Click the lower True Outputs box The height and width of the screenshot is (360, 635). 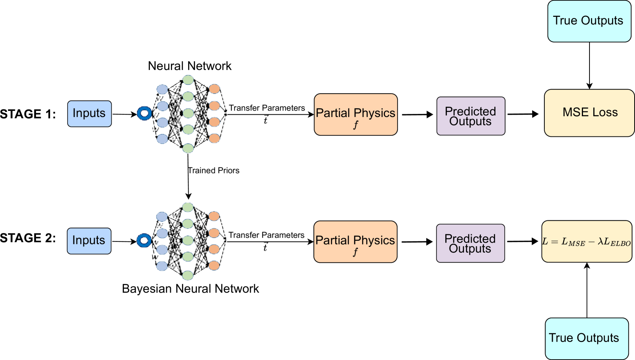pyautogui.click(x=586, y=338)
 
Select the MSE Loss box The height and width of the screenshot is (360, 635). pyautogui.click(x=589, y=113)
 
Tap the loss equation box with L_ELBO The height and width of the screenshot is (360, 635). pyautogui.click(x=586, y=242)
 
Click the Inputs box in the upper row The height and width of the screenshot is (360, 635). pyautogui.click(x=89, y=114)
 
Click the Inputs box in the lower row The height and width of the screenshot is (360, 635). pyautogui.click(x=89, y=241)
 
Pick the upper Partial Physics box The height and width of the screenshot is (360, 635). pyautogui.click(x=356, y=114)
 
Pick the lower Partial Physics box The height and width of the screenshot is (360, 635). pyautogui.click(x=355, y=242)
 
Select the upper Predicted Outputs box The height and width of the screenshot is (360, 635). pyautogui.click(x=471, y=116)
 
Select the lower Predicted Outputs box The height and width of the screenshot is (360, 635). pyautogui.click(x=470, y=243)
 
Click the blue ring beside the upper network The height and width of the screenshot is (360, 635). pyautogui.click(x=145, y=114)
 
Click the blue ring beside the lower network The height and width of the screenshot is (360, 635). pyautogui.click(x=144, y=240)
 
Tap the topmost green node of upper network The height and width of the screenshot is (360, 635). pyautogui.click(x=188, y=80)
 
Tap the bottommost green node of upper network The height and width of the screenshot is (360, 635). pyautogui.click(x=188, y=148)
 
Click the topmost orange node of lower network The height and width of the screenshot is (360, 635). pyautogui.click(x=214, y=216)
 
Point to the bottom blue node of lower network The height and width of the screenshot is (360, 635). pyautogui.click(x=162, y=266)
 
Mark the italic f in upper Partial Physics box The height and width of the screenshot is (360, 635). pyautogui.click(x=356, y=125)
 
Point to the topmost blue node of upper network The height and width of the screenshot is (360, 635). pyautogui.click(x=162, y=89)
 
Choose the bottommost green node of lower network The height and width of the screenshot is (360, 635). pyautogui.click(x=187, y=275)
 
